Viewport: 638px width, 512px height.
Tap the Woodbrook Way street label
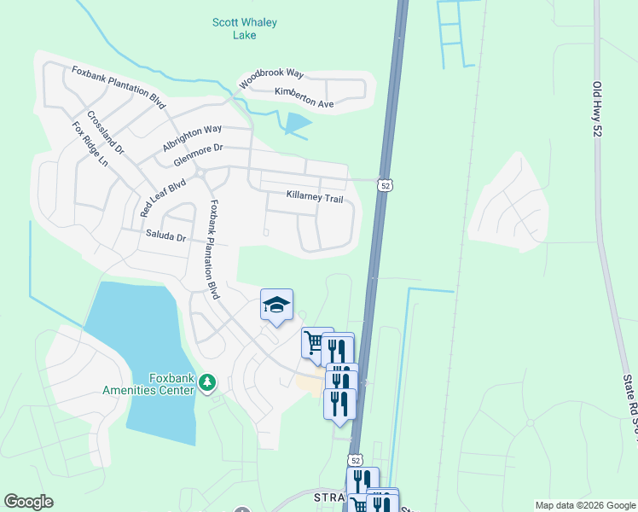271,74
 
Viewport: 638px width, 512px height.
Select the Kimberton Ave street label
304,97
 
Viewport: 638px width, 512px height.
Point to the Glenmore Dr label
197,154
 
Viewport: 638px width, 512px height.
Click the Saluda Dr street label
165,235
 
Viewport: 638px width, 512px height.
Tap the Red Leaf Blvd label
163,198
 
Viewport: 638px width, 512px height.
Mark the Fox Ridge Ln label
90,143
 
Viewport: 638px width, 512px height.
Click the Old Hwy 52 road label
598,108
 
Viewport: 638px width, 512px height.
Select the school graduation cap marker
276,305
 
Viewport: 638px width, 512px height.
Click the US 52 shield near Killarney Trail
386,185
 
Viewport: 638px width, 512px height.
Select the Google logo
28,502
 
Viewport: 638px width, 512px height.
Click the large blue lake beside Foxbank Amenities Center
145,341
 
